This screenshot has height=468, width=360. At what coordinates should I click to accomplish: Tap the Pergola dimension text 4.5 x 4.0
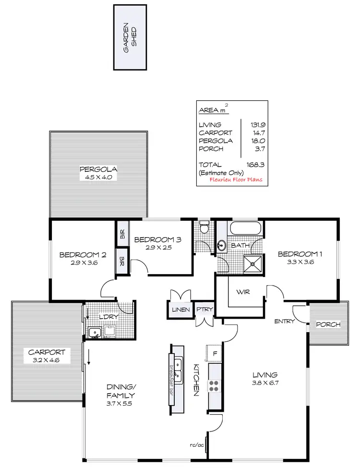tap(99, 177)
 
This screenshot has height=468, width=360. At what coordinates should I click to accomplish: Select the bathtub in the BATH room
tap(245, 229)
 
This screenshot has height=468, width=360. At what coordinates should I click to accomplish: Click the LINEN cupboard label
tap(180, 310)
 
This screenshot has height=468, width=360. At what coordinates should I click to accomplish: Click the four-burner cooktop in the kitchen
tap(214, 385)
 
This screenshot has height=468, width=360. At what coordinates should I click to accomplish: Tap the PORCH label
tap(328, 324)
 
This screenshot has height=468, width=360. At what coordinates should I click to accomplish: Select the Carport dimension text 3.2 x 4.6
tap(47, 359)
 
